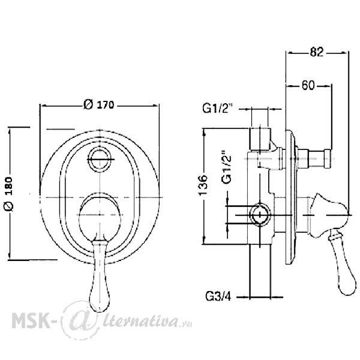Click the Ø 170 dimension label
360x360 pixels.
tap(99, 104)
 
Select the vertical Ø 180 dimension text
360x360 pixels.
tap(9, 194)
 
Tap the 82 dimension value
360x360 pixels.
tap(317, 52)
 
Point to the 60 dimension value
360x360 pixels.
tap(308, 85)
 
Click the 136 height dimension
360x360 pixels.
tap(203, 185)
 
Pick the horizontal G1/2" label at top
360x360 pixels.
tap(218, 108)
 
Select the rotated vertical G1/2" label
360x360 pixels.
tap(226, 167)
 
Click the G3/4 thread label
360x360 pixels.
tap(218, 296)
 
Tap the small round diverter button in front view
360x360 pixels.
tap(100, 159)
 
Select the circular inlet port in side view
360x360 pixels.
tap(260, 215)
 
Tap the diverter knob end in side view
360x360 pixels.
tap(327, 158)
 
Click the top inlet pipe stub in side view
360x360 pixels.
tap(260, 139)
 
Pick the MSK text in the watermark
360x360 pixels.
tap(31, 320)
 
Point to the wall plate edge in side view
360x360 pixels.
tap(290, 197)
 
